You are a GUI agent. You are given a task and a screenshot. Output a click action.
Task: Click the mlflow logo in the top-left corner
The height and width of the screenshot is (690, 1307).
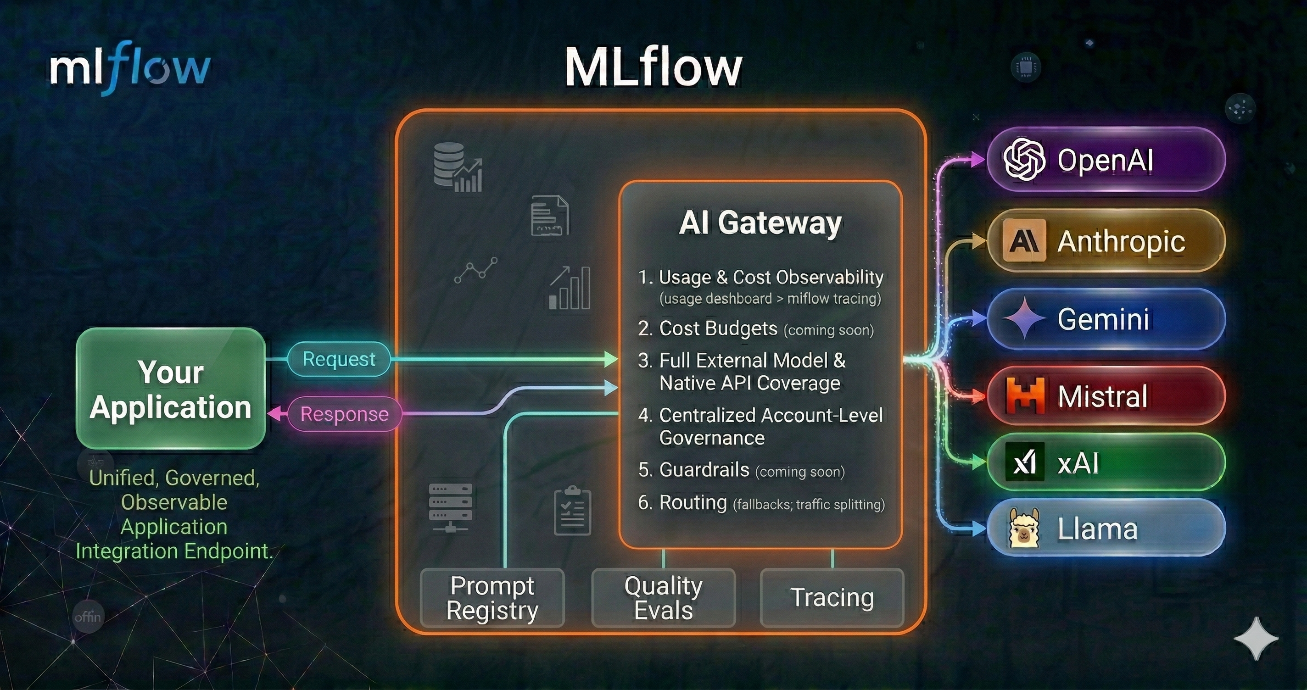pyautogui.click(x=130, y=68)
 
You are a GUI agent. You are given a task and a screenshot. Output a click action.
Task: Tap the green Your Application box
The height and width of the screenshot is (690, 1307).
pyautogui.click(x=170, y=389)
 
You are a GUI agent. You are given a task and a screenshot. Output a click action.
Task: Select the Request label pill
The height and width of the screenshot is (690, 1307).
pyautogui.click(x=339, y=359)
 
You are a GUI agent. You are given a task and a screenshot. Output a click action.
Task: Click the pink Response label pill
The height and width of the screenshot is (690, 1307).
pyautogui.click(x=345, y=414)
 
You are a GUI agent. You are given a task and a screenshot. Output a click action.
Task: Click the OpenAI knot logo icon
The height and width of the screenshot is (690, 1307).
pyautogui.click(x=1024, y=159)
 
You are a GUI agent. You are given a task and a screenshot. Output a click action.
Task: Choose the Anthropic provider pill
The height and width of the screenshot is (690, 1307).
pyautogui.click(x=1106, y=241)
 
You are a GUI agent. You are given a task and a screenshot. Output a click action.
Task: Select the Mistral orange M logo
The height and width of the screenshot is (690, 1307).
pyautogui.click(x=1025, y=396)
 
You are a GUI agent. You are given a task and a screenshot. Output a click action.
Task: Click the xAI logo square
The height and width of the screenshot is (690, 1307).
pyautogui.click(x=1025, y=462)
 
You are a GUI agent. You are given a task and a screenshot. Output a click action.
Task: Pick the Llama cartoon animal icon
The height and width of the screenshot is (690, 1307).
pyautogui.click(x=1024, y=529)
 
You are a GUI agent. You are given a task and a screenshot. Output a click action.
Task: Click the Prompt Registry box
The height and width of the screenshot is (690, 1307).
pyautogui.click(x=492, y=598)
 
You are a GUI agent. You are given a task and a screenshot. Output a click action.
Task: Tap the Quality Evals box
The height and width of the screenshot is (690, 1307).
pyautogui.click(x=663, y=598)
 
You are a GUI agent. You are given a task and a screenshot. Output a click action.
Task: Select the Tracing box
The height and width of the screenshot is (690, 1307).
pyautogui.click(x=832, y=598)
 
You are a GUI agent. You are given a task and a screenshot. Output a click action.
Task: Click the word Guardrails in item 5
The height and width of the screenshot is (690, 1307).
pyautogui.click(x=704, y=470)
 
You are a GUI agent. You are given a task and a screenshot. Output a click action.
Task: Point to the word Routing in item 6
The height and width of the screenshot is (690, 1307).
pyautogui.click(x=693, y=503)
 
